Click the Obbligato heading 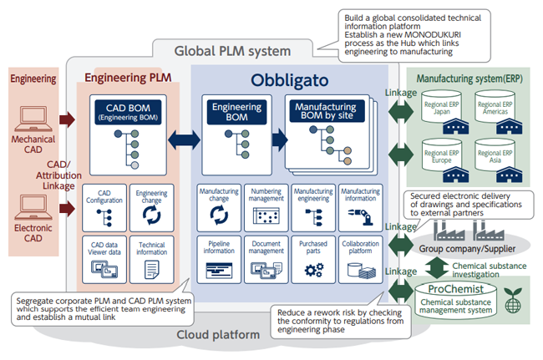(290, 80)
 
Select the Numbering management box (266, 208)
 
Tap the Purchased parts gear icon (314, 270)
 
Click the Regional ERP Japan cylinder (441, 106)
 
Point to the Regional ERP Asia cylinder (495, 155)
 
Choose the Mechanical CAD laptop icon (33, 119)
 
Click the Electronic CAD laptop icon (33, 207)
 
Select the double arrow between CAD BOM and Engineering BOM (185, 140)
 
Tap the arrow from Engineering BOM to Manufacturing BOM (280, 139)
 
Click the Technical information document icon (152, 270)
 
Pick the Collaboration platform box (361, 260)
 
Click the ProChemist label (455, 289)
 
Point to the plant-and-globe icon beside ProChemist (513, 300)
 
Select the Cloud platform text (218, 335)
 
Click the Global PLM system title (232, 51)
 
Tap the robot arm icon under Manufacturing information (361, 216)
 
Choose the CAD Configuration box (104, 208)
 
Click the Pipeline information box (219, 260)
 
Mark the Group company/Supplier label (467, 249)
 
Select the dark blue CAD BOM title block (128, 112)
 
